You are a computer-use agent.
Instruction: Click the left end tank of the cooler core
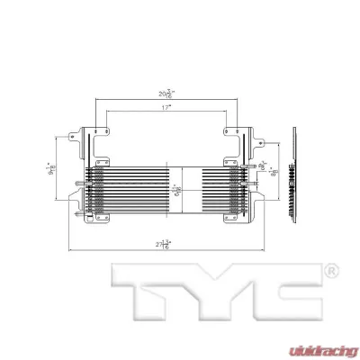[92, 190]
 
